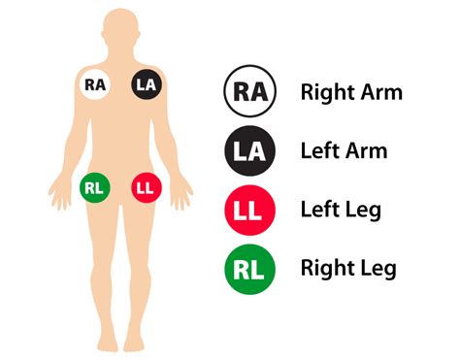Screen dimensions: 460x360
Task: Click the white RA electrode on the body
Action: coord(95,84)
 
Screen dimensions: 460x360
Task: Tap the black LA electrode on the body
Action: coord(147,84)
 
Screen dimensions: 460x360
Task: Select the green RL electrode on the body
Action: coord(95,188)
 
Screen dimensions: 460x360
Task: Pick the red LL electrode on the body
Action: coord(147,188)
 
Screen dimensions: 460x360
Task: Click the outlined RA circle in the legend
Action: coord(249,91)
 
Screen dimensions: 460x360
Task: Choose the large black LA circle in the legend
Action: coord(249,150)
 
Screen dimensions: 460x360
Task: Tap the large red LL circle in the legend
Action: coord(249,210)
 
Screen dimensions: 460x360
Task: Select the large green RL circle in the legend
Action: coord(249,270)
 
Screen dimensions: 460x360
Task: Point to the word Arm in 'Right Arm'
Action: coord(381,92)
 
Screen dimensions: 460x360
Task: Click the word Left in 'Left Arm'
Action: coord(319,151)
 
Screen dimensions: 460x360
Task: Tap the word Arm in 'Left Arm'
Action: coord(367,151)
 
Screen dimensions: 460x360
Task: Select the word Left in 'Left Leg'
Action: coord(319,210)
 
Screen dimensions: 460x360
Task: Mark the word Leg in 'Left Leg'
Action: coord(364,211)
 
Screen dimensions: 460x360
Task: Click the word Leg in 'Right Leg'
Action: coord(378,270)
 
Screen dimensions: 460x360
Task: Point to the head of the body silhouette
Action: coord(121,31)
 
